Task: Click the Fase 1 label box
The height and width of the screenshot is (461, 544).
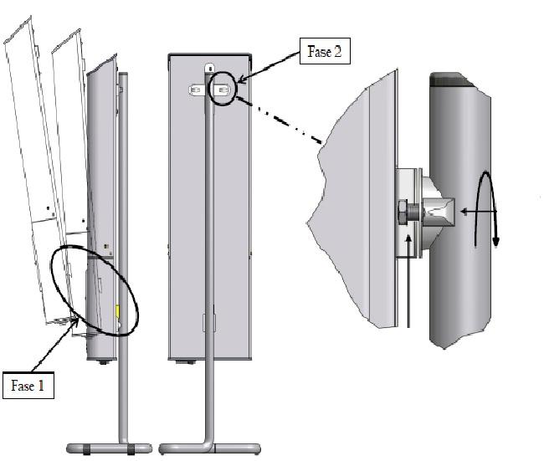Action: pos(28,386)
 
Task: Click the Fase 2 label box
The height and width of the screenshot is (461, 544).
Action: pos(325,51)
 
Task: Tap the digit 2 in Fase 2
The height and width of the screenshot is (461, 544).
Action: pos(337,51)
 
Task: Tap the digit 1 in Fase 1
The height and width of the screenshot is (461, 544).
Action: pos(41,386)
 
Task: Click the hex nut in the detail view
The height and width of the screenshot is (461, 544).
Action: pos(402,212)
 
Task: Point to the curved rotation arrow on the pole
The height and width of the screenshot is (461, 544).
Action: pos(486,209)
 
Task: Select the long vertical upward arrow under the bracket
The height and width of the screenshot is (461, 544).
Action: pos(409,281)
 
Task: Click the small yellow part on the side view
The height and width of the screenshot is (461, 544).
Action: pos(117,311)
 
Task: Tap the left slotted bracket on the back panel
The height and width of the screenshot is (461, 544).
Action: pos(196,90)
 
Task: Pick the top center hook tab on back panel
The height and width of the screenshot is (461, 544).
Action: pos(210,68)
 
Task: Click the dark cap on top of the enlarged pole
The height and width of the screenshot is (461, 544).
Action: pos(451,79)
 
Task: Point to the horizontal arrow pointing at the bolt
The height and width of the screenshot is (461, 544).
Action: pos(479,211)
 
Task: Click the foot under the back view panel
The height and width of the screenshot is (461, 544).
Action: pos(187,362)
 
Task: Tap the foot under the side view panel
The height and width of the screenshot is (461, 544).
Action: pos(104,362)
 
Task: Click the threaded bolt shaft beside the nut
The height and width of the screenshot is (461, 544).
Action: pos(413,212)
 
